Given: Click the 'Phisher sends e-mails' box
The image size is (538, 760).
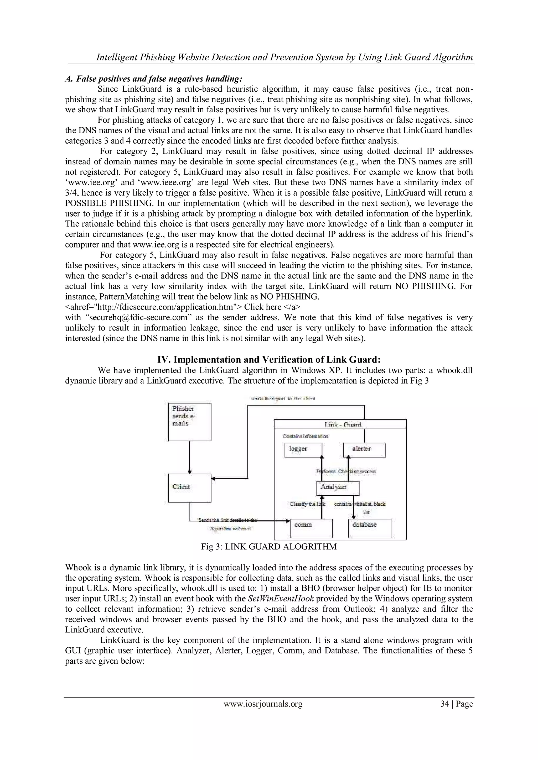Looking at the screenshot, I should [189, 422].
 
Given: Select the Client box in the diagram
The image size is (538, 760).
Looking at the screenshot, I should [189, 488].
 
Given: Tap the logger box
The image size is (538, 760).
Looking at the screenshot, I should [303, 450].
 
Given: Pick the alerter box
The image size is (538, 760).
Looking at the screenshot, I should [364, 450].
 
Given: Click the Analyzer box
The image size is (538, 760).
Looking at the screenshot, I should [337, 488].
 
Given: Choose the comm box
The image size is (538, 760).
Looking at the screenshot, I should [311, 528].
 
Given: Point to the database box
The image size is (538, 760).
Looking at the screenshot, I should [369, 528].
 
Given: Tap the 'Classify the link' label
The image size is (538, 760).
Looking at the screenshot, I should [307, 504].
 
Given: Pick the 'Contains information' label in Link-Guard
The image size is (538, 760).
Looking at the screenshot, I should [305, 437].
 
